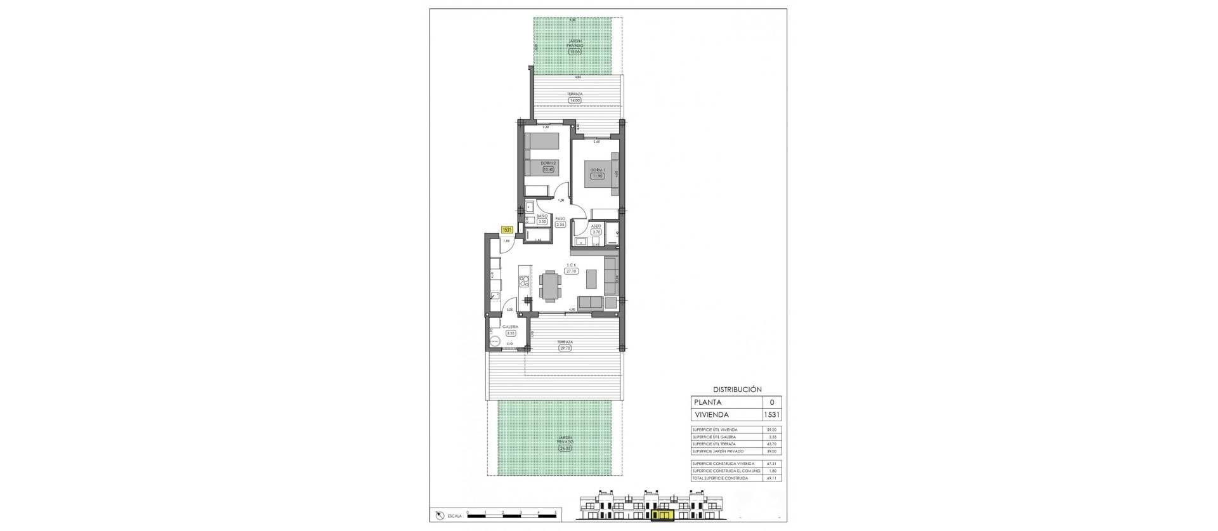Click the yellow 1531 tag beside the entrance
pyautogui.click(x=507, y=230)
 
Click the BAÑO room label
pyautogui.click(x=542, y=216)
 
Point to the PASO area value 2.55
pyautogui.click(x=560, y=224)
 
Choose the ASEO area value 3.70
pyautogui.click(x=596, y=232)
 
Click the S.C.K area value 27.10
pyautogui.click(x=572, y=271)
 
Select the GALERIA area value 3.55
pyautogui.click(x=511, y=333)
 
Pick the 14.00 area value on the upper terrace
pyautogui.click(x=575, y=100)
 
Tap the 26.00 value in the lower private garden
pyautogui.click(x=565, y=448)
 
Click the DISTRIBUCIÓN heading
pyautogui.click(x=737, y=390)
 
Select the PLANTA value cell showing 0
pyautogui.click(x=772, y=402)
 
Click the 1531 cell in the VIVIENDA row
pyautogui.click(x=772, y=415)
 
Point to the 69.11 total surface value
pyautogui.click(x=771, y=478)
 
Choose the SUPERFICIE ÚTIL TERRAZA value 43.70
pyautogui.click(x=771, y=444)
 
